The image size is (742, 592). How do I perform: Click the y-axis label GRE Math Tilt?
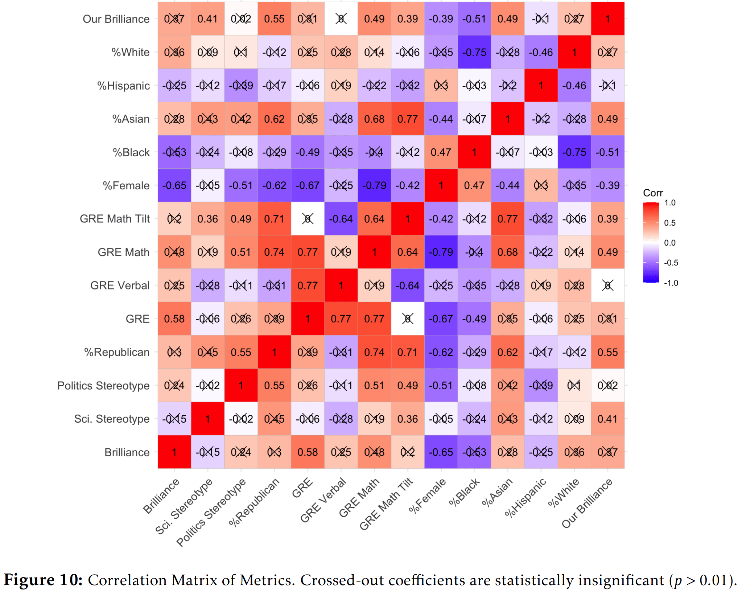(x=115, y=219)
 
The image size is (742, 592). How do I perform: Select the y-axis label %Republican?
(x=117, y=352)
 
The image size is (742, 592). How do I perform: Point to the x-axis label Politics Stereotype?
(x=211, y=512)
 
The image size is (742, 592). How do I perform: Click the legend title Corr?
(x=653, y=193)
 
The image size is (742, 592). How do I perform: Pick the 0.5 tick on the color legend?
(x=670, y=223)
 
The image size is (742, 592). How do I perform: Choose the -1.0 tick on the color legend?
(x=671, y=283)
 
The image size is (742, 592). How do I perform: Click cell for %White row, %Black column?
(x=474, y=52)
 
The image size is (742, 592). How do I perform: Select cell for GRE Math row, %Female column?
(x=441, y=252)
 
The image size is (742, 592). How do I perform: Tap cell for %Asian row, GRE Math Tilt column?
(x=408, y=119)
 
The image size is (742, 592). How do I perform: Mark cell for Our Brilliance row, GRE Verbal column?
(x=341, y=19)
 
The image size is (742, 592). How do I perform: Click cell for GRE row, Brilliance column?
(x=174, y=319)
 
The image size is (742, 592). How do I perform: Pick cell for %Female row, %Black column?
(x=474, y=185)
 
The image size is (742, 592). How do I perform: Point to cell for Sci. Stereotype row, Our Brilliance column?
(x=608, y=419)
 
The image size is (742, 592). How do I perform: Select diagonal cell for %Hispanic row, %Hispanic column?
(x=541, y=86)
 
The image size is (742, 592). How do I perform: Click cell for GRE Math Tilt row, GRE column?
(x=308, y=219)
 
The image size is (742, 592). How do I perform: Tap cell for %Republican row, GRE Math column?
(x=374, y=352)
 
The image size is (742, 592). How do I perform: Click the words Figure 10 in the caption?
(x=43, y=580)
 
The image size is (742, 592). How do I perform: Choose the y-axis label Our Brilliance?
(x=116, y=19)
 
